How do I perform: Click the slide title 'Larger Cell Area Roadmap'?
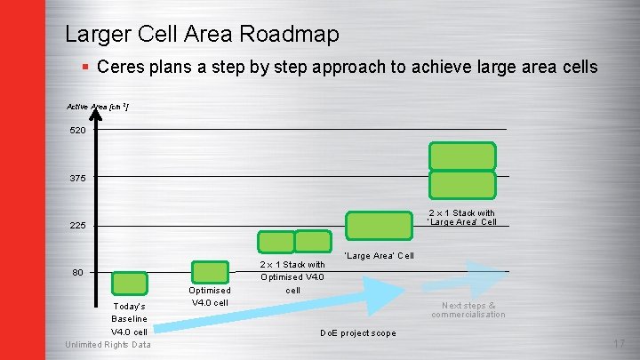pyautogui.click(x=202, y=35)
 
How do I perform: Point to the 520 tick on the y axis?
pyautogui.click(x=77, y=131)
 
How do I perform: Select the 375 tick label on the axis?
pyautogui.click(x=77, y=179)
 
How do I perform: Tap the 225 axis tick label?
pyautogui.click(x=77, y=226)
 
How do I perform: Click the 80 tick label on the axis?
pyautogui.click(x=77, y=273)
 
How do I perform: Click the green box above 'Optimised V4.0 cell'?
pyautogui.click(x=211, y=272)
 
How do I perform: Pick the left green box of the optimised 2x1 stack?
pyautogui.click(x=276, y=242)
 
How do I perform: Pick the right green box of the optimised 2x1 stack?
pyautogui.click(x=312, y=241)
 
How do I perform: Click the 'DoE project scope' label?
pyautogui.click(x=358, y=333)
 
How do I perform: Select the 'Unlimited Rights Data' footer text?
pyautogui.click(x=108, y=345)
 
